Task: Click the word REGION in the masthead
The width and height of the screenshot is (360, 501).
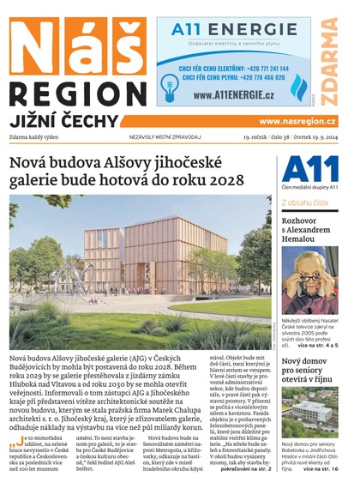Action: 77,94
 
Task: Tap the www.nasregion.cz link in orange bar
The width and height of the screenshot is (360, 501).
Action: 297,122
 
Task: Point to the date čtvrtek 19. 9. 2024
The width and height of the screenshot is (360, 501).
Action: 309,136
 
